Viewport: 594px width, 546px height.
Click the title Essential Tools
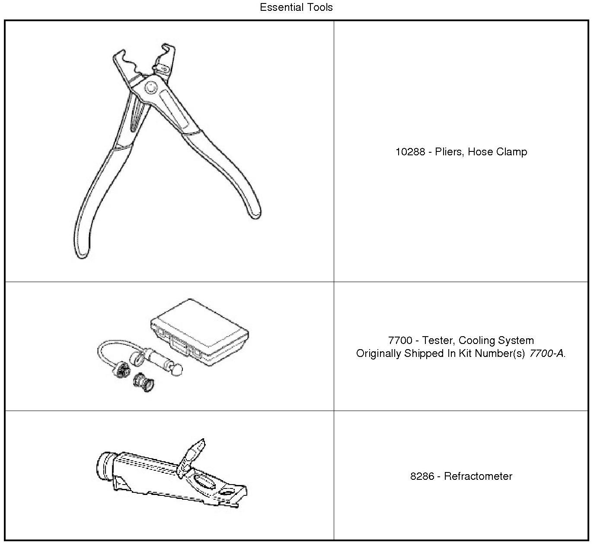pos(296,7)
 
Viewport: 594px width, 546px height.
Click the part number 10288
pos(410,152)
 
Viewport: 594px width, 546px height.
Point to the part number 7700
pos(400,340)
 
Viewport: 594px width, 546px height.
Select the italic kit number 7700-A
pos(546,353)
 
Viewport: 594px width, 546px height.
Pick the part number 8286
pos(422,476)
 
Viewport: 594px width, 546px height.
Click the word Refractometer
pos(478,476)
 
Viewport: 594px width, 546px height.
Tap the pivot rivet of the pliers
pos(151,87)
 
